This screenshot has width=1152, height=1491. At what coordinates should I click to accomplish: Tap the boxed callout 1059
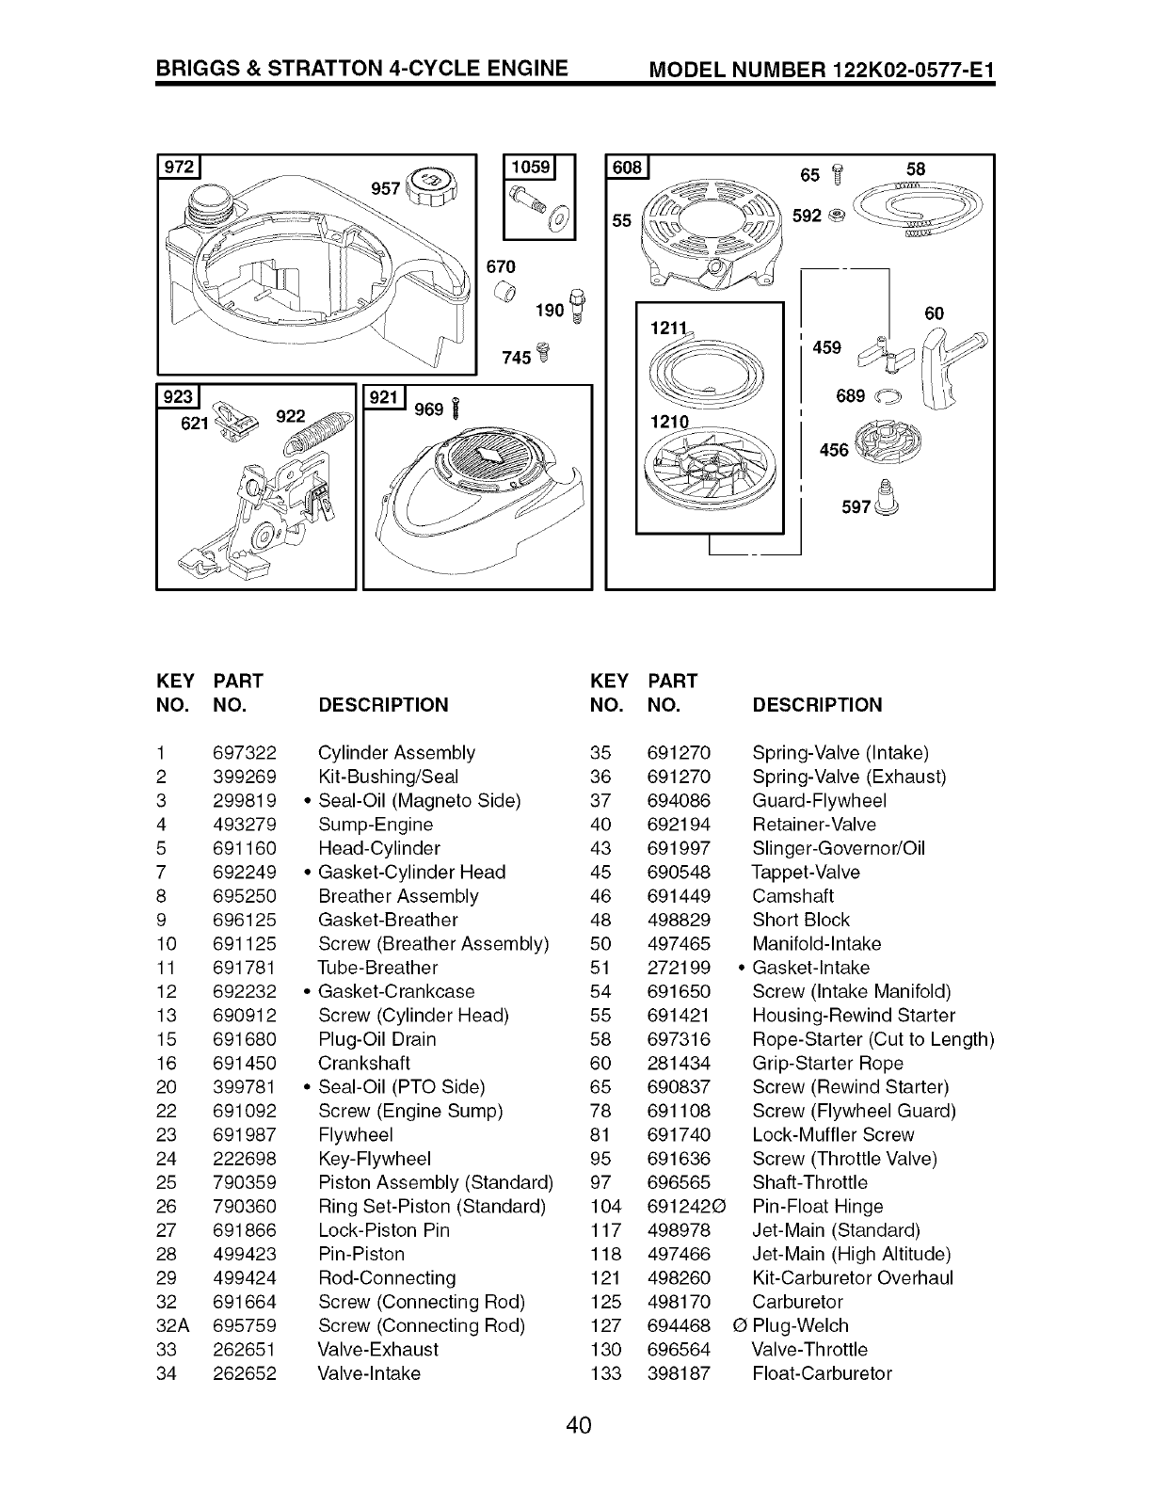531,168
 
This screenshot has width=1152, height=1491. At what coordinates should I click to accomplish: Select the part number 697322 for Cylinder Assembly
245,753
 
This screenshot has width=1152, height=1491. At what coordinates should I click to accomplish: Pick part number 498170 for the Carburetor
679,1303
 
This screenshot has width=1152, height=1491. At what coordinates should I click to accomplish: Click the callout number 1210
670,422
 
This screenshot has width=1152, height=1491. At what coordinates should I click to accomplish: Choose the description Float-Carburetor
822,1374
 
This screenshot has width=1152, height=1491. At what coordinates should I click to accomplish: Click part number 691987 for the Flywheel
245,1135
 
